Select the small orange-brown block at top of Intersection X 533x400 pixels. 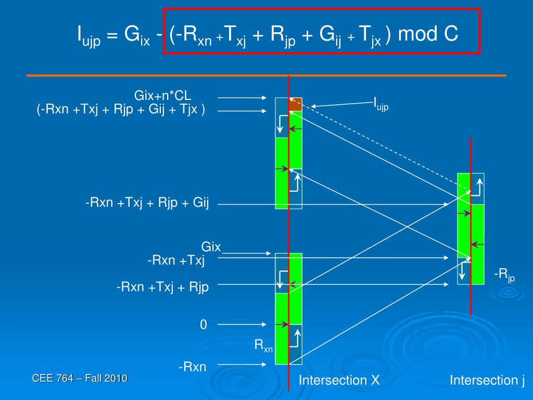[295, 104]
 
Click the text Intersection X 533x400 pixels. [339, 381]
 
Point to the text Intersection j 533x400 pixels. [487, 381]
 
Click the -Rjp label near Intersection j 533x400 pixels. [504, 274]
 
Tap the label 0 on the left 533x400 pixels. [204, 325]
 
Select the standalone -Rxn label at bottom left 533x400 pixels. [193, 367]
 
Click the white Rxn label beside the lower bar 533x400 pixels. [263, 345]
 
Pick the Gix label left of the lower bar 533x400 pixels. [211, 246]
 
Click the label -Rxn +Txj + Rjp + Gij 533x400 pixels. [147, 203]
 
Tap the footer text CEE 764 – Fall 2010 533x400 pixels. [80, 379]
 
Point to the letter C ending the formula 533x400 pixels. [451, 34]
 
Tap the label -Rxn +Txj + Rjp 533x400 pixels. [162, 287]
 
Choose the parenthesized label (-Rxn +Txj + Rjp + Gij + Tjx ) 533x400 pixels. [121, 110]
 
